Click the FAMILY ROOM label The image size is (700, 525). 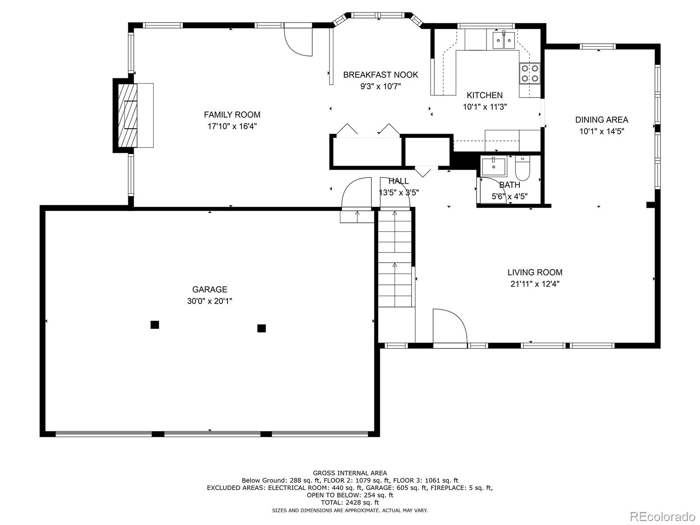coord(232,115)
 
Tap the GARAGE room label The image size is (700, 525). coord(210,290)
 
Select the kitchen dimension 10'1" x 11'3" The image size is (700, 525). coord(485,107)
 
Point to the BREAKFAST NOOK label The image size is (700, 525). coord(381,75)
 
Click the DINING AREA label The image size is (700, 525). coord(602,120)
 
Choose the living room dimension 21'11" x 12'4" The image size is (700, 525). coord(535,283)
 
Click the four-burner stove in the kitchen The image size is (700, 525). coord(529,73)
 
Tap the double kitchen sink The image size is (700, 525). coord(504,40)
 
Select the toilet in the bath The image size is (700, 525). coord(522,168)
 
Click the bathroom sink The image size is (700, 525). coord(493,166)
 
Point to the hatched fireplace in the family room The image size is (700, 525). coord(128,115)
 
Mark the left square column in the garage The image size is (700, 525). coord(155,325)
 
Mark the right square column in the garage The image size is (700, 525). coord(262,328)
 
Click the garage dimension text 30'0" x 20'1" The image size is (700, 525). coord(210,301)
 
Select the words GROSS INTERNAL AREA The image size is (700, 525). coord(350,473)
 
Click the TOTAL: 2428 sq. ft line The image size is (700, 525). coord(350,503)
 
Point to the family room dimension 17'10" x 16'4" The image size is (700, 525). coord(232,126)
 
